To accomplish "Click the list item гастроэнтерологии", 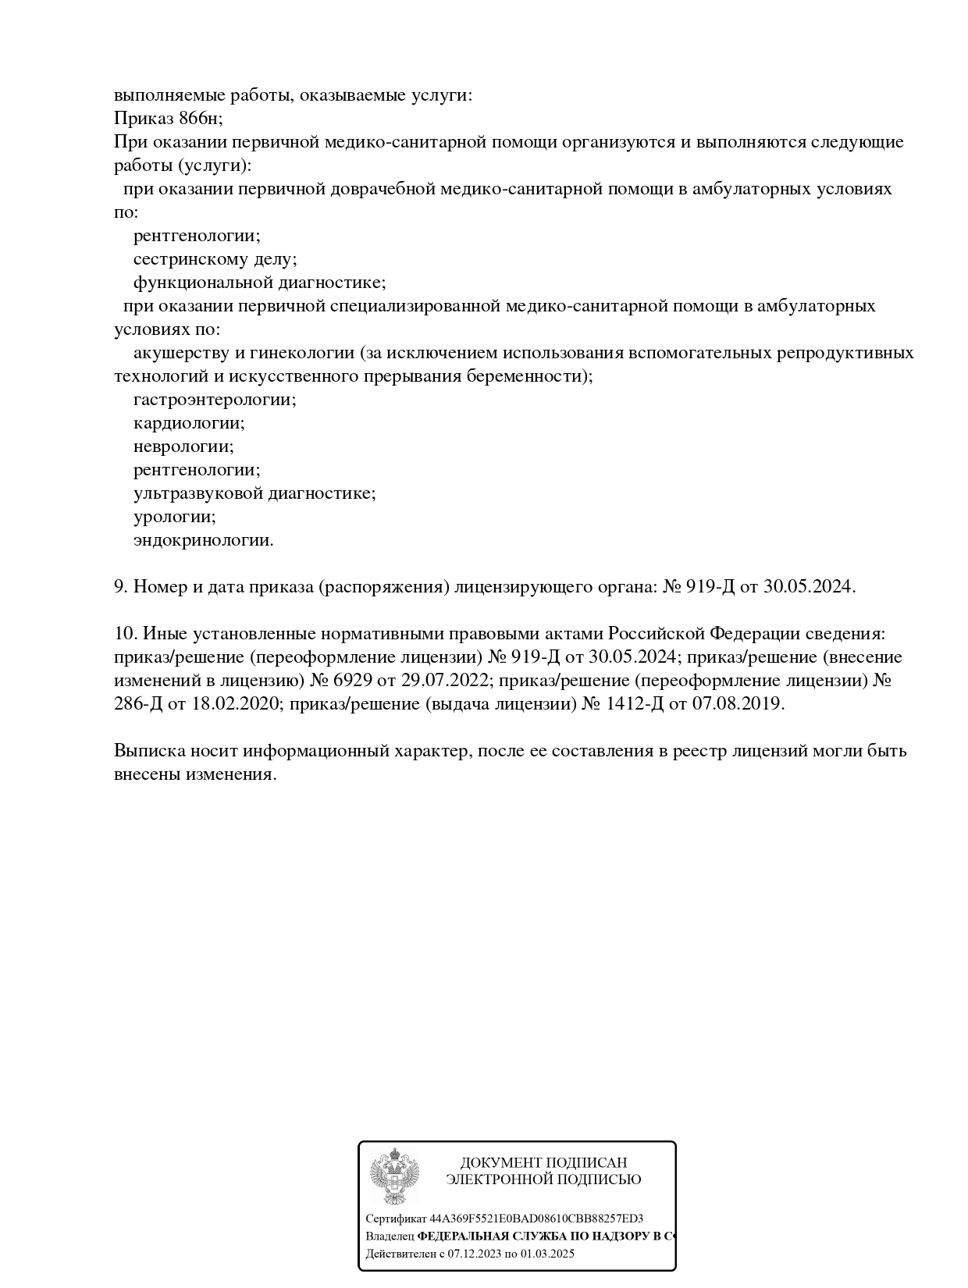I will tap(215, 400).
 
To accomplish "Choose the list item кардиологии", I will tap(189, 423).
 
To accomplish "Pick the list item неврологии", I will tap(183, 447).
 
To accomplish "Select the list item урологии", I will tap(174, 517).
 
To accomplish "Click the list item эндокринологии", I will tap(204, 540).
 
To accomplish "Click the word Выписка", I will tap(150, 751).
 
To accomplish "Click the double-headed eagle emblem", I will tap(394, 1176).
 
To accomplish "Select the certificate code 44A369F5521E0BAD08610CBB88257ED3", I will tap(536, 1219).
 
